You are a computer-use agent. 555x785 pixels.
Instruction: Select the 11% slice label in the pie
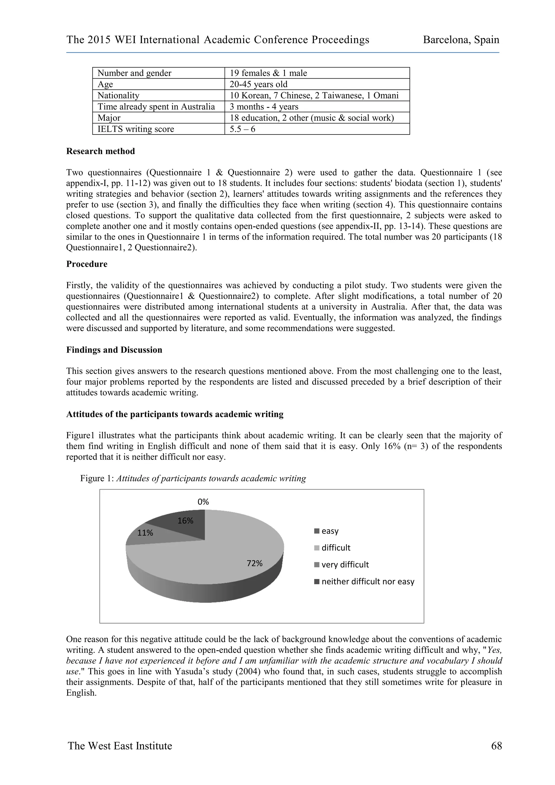[145, 533]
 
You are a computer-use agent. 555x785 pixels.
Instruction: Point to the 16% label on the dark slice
[185, 521]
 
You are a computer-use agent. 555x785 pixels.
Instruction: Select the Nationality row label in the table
[118, 95]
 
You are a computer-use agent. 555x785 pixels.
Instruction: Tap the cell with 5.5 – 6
[242, 129]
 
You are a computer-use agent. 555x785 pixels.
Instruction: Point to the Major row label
[109, 118]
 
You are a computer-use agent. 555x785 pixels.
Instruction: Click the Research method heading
[101, 151]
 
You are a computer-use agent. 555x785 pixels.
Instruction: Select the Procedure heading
[87, 264]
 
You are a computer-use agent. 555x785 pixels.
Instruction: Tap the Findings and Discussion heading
[114, 350]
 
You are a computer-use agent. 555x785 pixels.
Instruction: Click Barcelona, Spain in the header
[461, 40]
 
